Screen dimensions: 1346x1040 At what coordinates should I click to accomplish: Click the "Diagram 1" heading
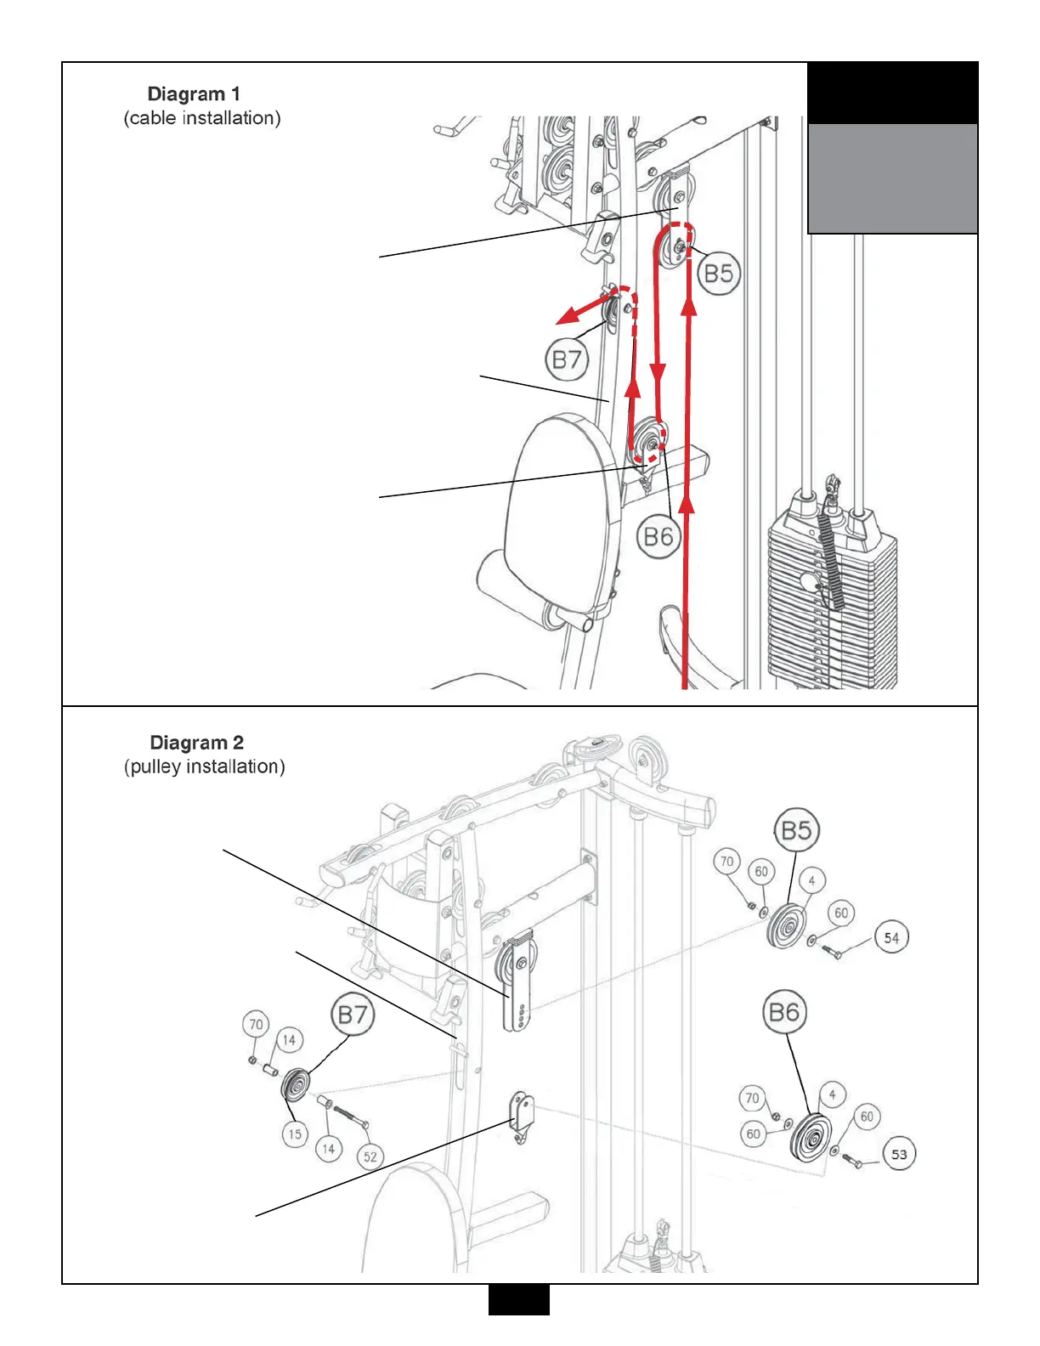(x=194, y=93)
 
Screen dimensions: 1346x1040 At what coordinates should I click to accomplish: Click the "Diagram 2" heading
(x=196, y=743)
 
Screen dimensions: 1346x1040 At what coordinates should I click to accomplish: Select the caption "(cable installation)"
(x=202, y=118)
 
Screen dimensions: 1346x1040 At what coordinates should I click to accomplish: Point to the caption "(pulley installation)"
(x=204, y=766)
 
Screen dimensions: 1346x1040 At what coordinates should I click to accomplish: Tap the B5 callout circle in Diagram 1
(x=718, y=274)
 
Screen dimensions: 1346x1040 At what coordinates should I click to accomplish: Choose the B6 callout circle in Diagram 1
(x=658, y=537)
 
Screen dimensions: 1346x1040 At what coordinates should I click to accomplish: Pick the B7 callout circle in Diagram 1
(x=567, y=359)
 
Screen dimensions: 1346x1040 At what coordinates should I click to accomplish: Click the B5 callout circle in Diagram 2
(x=796, y=829)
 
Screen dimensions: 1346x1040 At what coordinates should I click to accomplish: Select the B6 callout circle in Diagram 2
(x=783, y=1012)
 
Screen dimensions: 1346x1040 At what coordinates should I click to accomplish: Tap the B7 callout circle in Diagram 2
(x=353, y=1015)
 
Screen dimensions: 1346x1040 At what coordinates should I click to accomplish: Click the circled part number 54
(x=891, y=938)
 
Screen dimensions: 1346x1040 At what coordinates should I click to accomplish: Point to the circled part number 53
(x=899, y=1154)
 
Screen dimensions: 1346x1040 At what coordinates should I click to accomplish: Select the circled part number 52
(x=370, y=1157)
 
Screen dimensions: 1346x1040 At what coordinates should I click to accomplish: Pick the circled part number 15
(x=295, y=1134)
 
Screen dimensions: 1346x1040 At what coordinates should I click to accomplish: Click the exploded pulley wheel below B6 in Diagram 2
(x=810, y=1137)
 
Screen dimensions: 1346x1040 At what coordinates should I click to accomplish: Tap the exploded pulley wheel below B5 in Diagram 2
(x=786, y=926)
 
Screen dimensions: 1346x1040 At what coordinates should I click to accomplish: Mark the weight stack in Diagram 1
(x=833, y=595)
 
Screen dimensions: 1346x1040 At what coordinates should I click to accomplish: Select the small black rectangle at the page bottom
(x=518, y=1299)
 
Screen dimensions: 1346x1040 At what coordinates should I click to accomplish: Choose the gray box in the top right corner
(x=892, y=178)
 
